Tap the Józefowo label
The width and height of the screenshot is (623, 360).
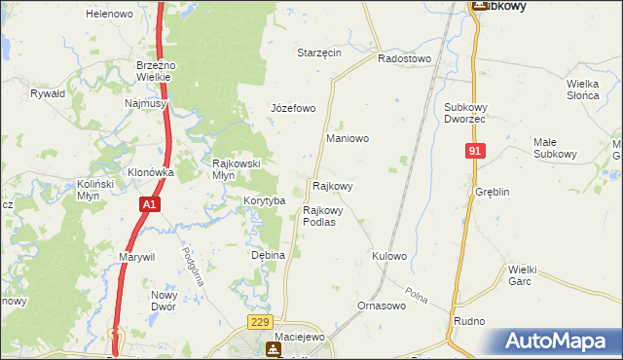click(293, 108)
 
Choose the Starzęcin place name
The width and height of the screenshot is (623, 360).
click(319, 53)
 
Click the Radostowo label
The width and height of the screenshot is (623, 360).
click(404, 58)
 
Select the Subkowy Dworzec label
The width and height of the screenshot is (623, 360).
click(464, 112)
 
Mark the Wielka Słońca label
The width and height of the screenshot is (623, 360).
click(588, 90)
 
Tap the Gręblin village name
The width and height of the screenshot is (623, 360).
click(493, 193)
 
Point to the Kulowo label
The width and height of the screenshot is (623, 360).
click(388, 256)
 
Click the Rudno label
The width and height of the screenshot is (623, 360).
click(469, 321)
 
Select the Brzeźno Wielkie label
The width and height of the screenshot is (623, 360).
click(155, 71)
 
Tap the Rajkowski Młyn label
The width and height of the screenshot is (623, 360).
click(237, 169)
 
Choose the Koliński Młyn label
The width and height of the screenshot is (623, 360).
click(96, 190)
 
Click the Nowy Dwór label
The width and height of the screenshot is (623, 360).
click(163, 301)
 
